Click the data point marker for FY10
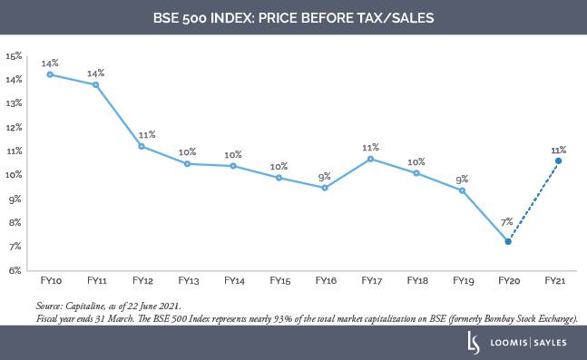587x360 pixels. (49, 74)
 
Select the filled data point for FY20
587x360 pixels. (508, 241)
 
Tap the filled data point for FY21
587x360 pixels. (558, 161)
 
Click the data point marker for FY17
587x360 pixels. (370, 159)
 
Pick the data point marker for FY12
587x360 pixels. (141, 146)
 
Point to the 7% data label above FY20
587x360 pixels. (508, 221)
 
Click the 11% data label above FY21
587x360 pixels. (557, 150)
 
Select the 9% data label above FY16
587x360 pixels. (323, 176)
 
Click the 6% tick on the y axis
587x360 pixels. (15, 270)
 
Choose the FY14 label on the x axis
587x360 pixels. (233, 281)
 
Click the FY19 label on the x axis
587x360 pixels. (463, 281)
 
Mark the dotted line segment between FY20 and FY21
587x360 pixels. (533, 201)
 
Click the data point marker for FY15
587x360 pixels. (279, 178)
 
